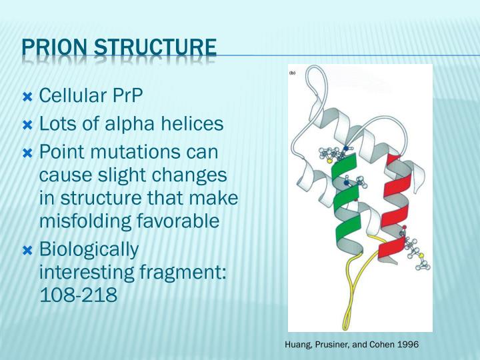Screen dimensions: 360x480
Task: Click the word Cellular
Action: pos(71,97)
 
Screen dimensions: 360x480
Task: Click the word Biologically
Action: pos(89,249)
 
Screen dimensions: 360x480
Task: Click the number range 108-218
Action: pos(79,295)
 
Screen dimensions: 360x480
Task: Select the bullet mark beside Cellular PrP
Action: pos(28,97)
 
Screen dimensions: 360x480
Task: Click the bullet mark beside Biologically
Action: pos(28,250)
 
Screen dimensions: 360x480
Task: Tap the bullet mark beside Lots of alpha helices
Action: pos(28,125)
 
